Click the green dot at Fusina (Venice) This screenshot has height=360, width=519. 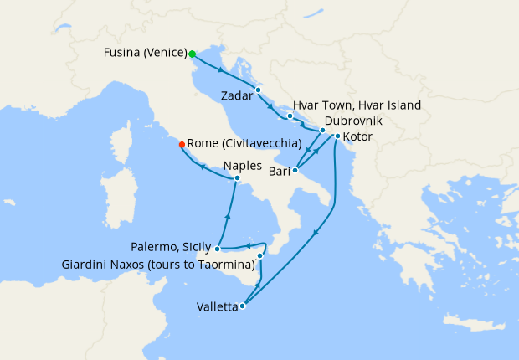pos(193,54)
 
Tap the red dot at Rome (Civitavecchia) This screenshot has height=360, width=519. pos(182,144)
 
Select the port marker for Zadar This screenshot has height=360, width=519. pos(259,90)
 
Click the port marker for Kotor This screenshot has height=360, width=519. pos(337,136)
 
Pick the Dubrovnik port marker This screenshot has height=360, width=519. pos(322,131)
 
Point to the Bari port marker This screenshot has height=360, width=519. pos(295,170)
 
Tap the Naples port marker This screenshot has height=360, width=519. pos(237,177)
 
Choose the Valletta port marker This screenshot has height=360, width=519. pos(242,306)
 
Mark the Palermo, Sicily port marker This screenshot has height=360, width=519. pos(217,248)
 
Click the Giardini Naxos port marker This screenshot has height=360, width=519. pos(260,255)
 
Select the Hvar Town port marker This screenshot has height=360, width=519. pos(290,116)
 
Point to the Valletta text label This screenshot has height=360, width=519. pos(215,306)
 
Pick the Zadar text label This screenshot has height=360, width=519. pos(238,96)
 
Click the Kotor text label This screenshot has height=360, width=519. pos(357,136)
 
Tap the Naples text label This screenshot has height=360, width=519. pos(244,165)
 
